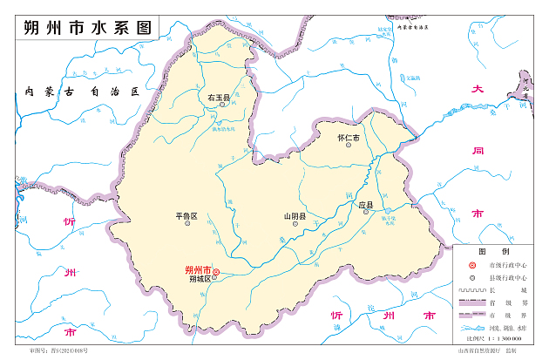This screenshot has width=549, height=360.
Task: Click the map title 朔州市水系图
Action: tap(84, 28)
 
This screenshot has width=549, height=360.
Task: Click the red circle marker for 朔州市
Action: tap(217, 272)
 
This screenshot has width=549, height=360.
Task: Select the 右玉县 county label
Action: tap(217, 98)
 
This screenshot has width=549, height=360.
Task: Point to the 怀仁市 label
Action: tap(348, 139)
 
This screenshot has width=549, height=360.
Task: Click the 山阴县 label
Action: tap(295, 215)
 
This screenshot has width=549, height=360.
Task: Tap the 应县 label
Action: tap(366, 206)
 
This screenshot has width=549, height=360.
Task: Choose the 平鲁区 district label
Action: tap(186, 215)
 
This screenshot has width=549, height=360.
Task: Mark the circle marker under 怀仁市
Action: tap(348, 147)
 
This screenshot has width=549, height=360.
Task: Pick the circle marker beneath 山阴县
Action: tap(295, 224)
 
